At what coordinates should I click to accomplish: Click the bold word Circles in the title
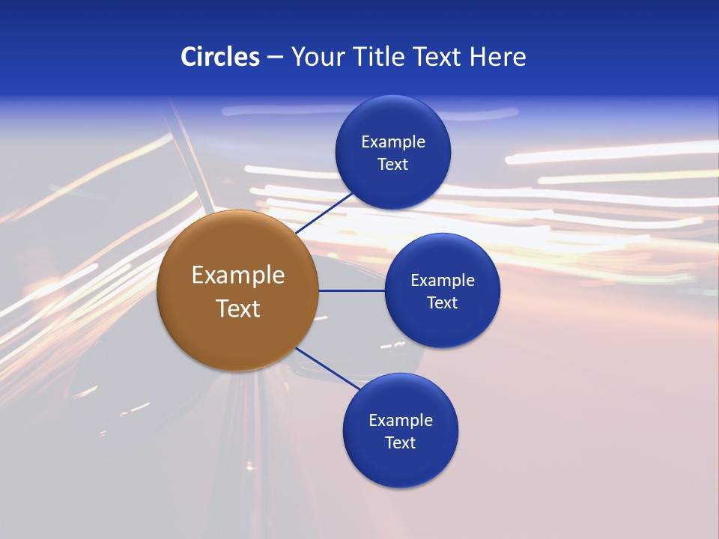tap(220, 57)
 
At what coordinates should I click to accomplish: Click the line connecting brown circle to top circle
tap(325, 213)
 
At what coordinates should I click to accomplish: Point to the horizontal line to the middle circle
tap(351, 290)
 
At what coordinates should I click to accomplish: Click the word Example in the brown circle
tap(238, 275)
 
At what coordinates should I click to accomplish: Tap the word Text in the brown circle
tap(238, 308)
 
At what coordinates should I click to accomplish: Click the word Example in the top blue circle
tap(393, 141)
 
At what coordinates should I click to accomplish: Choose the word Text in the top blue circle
tap(393, 164)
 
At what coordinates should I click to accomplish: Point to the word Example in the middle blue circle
tap(443, 280)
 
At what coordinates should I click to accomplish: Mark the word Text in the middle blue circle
tap(443, 302)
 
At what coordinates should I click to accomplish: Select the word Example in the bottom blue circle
tap(401, 420)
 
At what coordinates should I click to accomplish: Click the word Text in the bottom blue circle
tap(401, 442)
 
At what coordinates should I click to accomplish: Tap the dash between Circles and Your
tap(275, 57)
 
